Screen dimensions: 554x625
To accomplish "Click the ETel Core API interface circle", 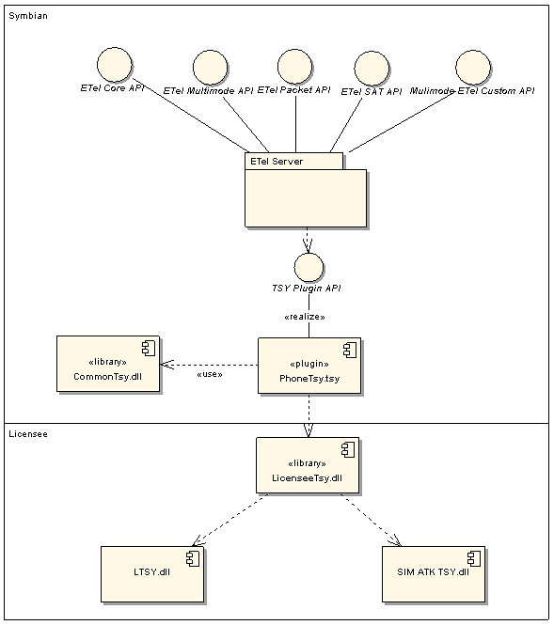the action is [x=115, y=65].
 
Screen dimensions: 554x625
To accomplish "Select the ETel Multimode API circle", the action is [x=210, y=68].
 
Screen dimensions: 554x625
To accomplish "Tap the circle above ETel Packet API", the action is [x=294, y=66].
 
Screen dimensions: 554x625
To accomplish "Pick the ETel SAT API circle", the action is [x=372, y=69].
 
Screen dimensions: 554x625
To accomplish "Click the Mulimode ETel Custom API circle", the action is [x=473, y=68].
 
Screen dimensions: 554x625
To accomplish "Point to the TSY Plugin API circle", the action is [x=309, y=268].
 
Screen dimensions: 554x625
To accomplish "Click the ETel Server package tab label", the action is [x=277, y=162].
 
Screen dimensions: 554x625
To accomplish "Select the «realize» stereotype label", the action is [x=305, y=317].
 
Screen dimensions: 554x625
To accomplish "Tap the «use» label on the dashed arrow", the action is [x=210, y=374].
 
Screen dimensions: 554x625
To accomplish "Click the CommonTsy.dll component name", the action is [x=107, y=377].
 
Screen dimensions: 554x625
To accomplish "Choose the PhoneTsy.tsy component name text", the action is [x=309, y=379].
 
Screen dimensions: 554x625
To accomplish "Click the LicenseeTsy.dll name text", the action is [x=308, y=478].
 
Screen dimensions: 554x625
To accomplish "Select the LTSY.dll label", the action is [x=152, y=572].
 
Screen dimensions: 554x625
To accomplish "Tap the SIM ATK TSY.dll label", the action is [x=434, y=572].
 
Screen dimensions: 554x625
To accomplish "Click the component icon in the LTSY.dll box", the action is [x=193, y=559].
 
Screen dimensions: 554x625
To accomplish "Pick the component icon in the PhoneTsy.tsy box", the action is [x=350, y=351].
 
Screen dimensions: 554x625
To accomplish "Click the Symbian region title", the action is [x=28, y=16].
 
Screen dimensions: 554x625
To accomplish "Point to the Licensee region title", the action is [x=28, y=434].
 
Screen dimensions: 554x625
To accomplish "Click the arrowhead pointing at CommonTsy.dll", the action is [x=167, y=365].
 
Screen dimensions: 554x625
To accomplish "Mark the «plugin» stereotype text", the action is [x=309, y=364].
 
